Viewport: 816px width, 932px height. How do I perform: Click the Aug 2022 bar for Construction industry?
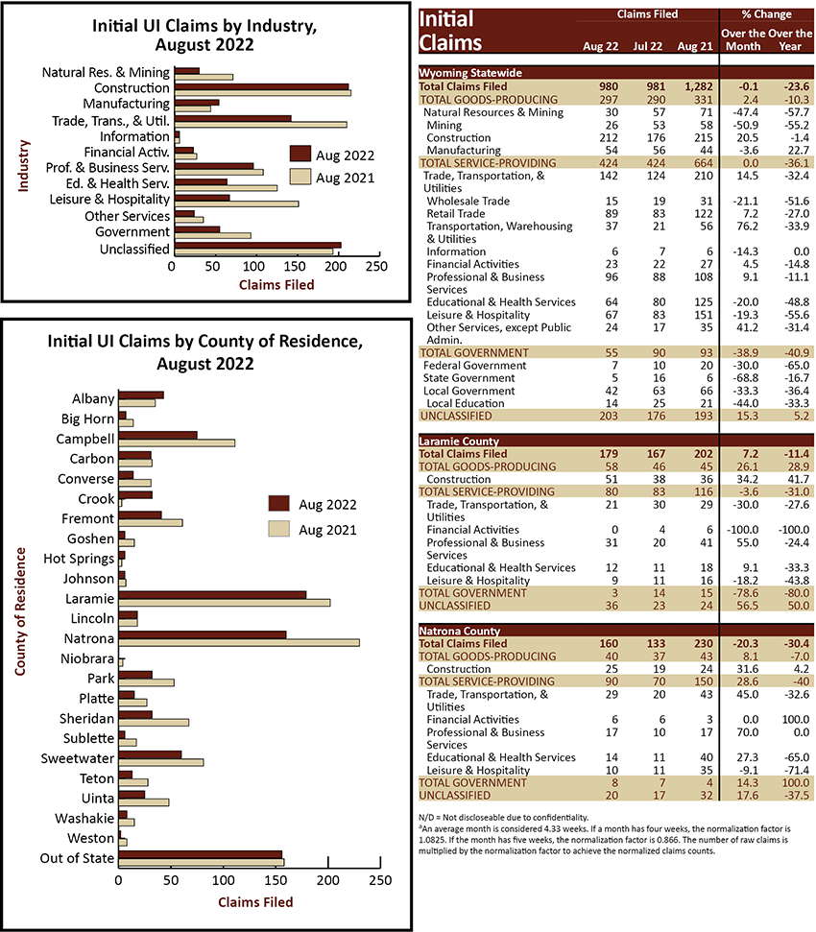[261, 86]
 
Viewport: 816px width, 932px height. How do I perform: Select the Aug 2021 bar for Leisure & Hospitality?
[236, 203]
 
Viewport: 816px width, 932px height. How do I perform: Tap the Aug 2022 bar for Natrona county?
[202, 634]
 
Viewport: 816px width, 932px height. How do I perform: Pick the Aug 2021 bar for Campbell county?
[177, 442]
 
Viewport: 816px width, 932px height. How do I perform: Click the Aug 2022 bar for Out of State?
[201, 854]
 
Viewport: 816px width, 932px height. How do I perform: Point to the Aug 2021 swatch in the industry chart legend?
[300, 177]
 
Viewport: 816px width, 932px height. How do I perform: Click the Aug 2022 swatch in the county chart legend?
[278, 504]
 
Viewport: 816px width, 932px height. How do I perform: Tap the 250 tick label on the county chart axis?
[380, 880]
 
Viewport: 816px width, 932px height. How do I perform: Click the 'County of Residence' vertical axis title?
[20, 611]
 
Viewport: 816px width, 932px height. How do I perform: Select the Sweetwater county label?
[77, 758]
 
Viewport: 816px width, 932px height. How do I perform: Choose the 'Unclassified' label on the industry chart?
[134, 249]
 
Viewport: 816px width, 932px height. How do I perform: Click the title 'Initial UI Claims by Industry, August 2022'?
[204, 36]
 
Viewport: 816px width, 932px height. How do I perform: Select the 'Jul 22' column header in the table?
[647, 46]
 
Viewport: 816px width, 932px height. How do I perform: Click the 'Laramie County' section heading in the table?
[459, 441]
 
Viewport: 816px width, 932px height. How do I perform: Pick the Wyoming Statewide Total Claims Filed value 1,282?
[699, 86]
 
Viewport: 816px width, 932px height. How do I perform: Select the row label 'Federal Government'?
[474, 366]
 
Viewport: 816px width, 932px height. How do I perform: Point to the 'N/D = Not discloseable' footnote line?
[503, 817]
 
